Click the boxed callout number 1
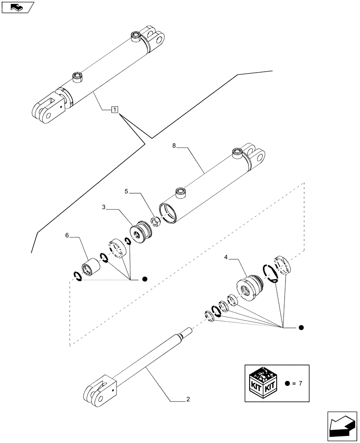click(114, 109)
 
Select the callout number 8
click(174, 145)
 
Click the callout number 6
click(67, 236)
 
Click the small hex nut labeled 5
click(156, 221)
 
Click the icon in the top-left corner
click(17, 7)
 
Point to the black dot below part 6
click(145, 279)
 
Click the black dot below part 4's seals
click(301, 328)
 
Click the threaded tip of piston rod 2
click(188, 331)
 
